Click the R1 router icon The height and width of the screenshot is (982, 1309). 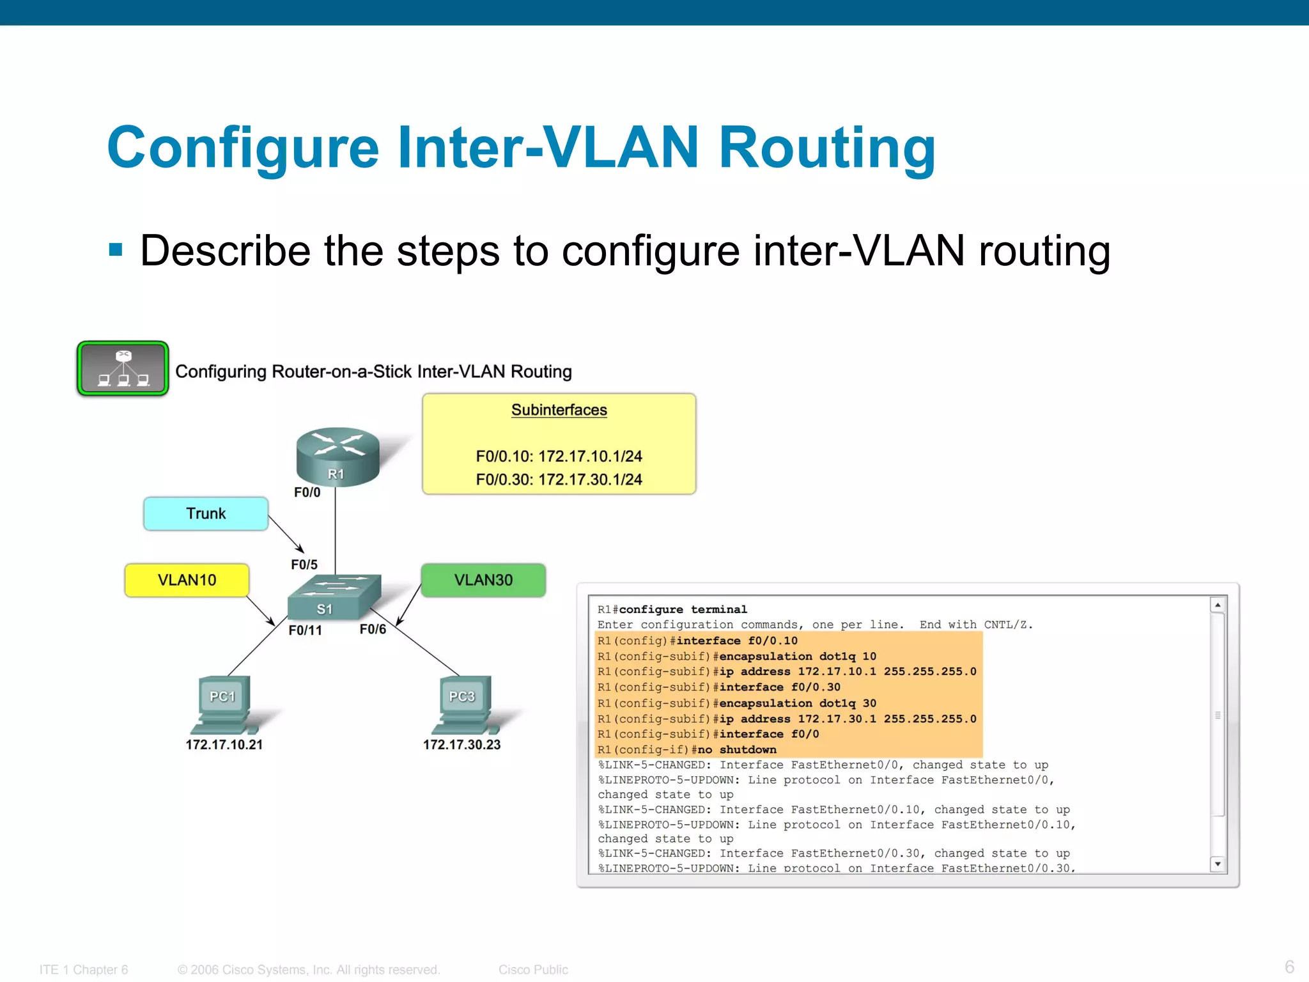click(x=337, y=456)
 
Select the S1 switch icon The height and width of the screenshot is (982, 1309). click(x=334, y=597)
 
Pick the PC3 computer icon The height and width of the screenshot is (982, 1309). click(x=463, y=705)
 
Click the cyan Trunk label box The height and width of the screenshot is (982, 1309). click(x=206, y=514)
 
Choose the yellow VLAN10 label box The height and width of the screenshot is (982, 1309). click(x=187, y=581)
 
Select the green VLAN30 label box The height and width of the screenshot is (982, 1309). click(x=483, y=581)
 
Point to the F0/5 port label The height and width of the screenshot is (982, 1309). click(x=304, y=565)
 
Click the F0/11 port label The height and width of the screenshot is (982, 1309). click(x=305, y=630)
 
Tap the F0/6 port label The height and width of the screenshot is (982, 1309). click(x=373, y=630)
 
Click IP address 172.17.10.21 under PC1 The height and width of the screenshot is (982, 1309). click(x=224, y=745)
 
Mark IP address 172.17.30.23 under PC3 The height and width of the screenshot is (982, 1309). click(x=461, y=745)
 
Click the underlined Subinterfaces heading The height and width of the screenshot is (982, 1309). click(x=559, y=410)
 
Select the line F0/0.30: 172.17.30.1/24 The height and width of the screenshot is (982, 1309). click(x=559, y=479)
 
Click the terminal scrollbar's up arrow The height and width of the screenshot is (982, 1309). click(x=1218, y=605)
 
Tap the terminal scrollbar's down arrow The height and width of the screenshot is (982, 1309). click(x=1218, y=864)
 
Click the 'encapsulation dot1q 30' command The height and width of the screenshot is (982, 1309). click(x=798, y=703)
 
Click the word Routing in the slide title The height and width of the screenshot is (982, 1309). click(x=827, y=148)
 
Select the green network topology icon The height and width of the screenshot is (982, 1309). click(x=123, y=369)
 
